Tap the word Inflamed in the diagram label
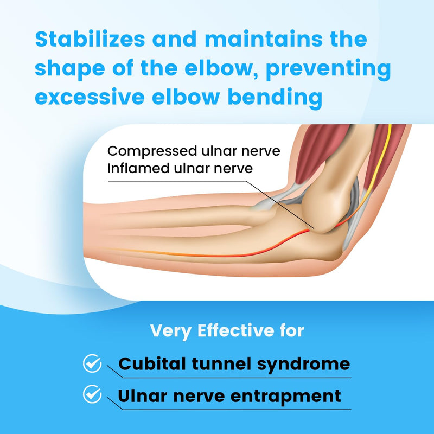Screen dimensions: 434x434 click(x=131, y=168)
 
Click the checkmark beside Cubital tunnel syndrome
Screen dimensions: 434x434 click(x=92, y=363)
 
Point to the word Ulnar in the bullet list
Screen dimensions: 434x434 click(x=141, y=395)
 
